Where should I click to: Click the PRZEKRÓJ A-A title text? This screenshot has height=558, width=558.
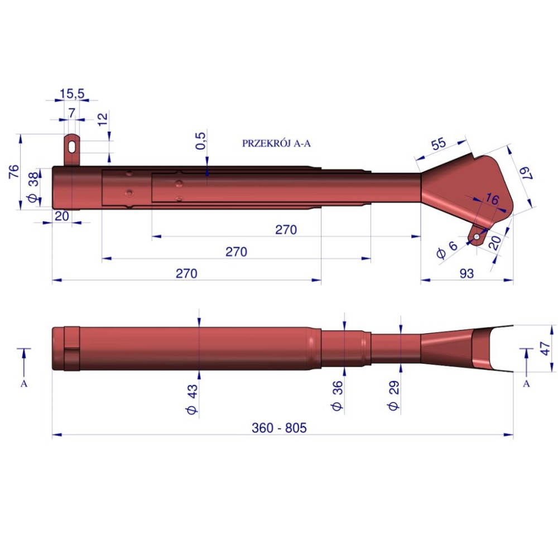[x=276, y=143]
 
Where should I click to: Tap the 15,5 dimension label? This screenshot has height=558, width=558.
[x=72, y=94]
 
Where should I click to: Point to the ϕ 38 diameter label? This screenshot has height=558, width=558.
[x=33, y=187]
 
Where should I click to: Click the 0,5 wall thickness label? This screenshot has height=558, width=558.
[x=200, y=141]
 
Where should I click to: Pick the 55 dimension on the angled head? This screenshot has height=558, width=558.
[x=439, y=143]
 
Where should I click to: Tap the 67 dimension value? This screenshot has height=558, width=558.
[x=526, y=173]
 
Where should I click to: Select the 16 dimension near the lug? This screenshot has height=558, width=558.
[x=492, y=199]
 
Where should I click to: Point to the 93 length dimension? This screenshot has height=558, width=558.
[x=466, y=273]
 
